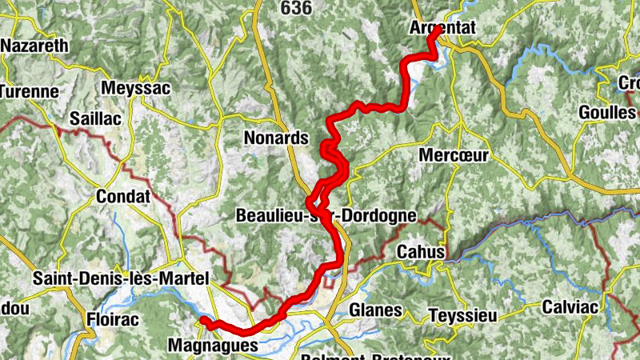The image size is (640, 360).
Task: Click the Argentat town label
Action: [x=442, y=27]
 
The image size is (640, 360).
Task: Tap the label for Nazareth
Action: [x=34, y=46]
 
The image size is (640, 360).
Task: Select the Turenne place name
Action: [x=29, y=91]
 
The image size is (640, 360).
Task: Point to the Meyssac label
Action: [x=137, y=88]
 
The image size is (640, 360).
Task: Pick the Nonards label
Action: [x=275, y=138]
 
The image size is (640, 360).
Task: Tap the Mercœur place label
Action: [x=453, y=155]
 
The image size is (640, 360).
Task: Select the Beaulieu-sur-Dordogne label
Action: [x=326, y=215]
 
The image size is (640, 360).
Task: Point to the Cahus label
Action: [x=421, y=252]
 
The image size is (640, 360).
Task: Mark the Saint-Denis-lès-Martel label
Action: [x=120, y=278]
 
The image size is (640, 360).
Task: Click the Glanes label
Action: [x=374, y=309]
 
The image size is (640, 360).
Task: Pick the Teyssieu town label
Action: [x=461, y=314]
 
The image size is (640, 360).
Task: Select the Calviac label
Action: [x=570, y=306]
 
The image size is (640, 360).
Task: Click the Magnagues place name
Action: [x=214, y=346]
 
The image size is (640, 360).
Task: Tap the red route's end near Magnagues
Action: [x=204, y=321]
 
